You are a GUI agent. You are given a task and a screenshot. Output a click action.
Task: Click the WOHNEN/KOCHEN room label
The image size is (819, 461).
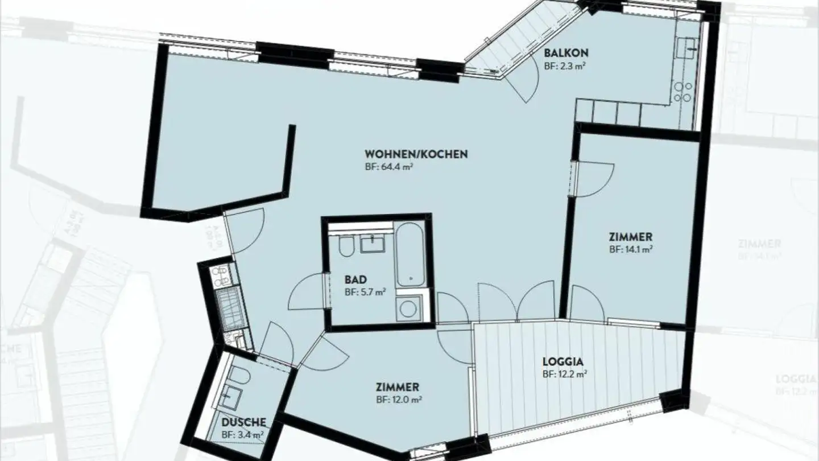[416, 154]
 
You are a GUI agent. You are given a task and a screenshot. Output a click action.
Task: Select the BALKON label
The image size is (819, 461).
[565, 53]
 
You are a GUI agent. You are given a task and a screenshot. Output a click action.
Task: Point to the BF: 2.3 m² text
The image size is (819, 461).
[565, 65]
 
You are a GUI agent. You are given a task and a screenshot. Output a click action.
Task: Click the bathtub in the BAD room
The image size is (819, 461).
[411, 255]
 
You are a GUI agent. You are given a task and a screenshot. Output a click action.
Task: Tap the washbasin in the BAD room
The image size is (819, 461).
[373, 243]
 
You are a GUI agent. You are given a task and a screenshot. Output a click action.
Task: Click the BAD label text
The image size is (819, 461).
[355, 280]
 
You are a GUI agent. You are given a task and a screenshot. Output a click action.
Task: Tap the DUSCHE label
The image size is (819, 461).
[243, 422]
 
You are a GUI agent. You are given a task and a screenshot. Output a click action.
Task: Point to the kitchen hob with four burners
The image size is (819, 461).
[682, 92]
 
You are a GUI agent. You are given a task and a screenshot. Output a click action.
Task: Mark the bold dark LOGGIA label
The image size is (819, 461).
[564, 361]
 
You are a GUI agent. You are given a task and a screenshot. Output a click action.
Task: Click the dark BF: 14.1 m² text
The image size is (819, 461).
[630, 249]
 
